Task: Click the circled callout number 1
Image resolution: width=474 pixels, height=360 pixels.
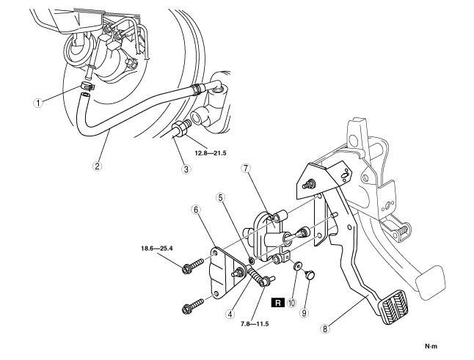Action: click(47, 102)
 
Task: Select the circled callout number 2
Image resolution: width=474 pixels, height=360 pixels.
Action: click(97, 165)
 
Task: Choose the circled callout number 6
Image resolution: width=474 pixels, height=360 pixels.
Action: click(195, 210)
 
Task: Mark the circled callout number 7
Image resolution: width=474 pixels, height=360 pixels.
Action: click(246, 169)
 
